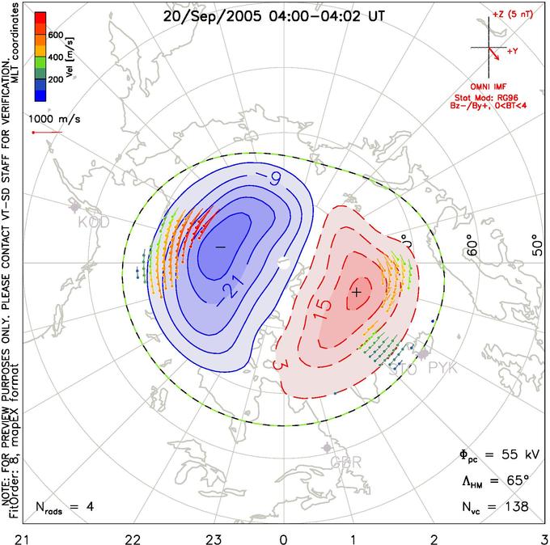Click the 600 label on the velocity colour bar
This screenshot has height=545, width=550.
click(x=56, y=35)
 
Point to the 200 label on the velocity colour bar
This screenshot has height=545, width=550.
click(x=56, y=82)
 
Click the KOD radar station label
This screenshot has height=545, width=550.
click(x=93, y=221)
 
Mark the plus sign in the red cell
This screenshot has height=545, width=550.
click(x=355, y=291)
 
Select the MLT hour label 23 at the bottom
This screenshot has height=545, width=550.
click(x=214, y=536)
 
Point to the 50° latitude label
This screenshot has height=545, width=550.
click(x=539, y=246)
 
